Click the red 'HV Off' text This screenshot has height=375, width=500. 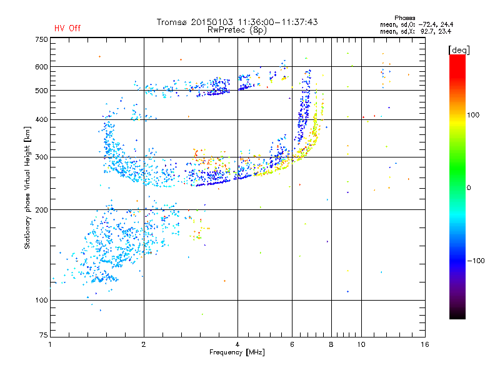(67, 28)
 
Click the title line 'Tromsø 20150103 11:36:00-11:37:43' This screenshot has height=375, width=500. (237, 22)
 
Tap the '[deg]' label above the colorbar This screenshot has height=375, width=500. (459, 49)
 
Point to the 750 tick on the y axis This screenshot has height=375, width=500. (41, 39)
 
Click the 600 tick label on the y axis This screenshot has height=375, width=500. (41, 66)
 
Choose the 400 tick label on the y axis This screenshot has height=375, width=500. (41, 119)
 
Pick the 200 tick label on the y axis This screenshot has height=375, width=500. (41, 209)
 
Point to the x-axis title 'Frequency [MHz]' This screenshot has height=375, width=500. (237, 352)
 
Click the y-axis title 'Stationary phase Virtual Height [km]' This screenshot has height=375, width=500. (27, 187)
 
